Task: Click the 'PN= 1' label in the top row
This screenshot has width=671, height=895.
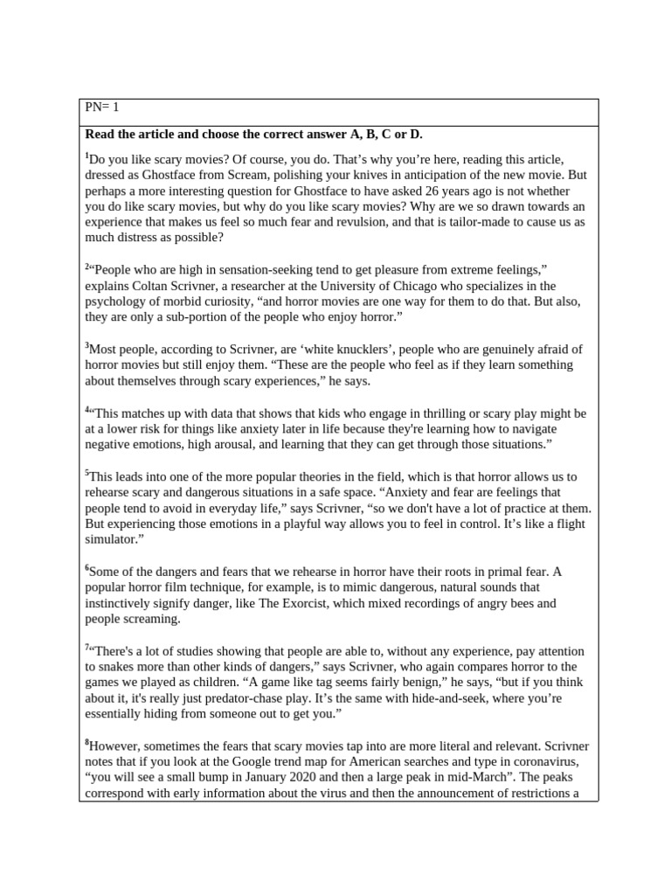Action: coord(101,108)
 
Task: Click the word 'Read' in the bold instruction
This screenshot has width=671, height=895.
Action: coord(100,135)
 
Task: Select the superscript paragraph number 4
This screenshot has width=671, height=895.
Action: coord(87,409)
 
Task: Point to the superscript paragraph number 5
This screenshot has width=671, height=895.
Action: coord(87,473)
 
